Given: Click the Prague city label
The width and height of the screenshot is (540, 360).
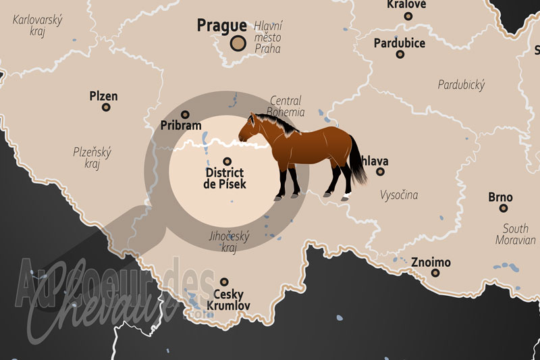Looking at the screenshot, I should tap(221, 26).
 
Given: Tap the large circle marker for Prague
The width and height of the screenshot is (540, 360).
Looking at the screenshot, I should tap(238, 44).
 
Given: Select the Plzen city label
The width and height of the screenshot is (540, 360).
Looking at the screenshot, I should tap(103, 96).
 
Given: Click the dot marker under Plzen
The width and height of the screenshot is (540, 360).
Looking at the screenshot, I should tap(105, 107).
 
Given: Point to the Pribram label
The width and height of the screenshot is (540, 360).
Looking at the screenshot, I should tap(181, 126).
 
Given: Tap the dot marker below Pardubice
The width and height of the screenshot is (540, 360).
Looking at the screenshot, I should tap(399, 55).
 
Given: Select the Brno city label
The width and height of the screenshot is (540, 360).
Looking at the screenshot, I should tap(500, 198).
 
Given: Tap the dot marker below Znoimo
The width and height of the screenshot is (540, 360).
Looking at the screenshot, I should tap(435, 273).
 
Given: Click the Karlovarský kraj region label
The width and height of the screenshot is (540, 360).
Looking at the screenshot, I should tap(37, 26).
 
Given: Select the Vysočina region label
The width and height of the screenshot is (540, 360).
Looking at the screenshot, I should tap(399, 195).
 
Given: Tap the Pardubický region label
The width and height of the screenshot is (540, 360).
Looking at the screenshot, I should tap(461, 85).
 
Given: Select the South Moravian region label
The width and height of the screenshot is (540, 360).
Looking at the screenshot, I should tap(514, 234).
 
